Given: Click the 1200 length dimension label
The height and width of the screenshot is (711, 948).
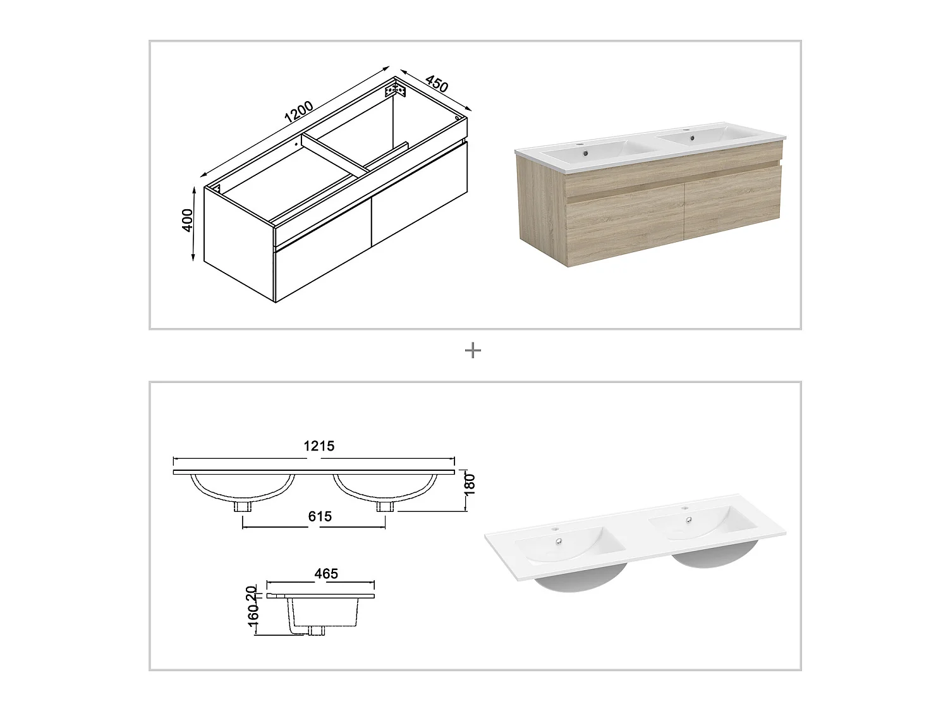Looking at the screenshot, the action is pos(298,112).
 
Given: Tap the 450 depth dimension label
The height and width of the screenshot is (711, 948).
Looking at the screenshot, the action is pos(437,84).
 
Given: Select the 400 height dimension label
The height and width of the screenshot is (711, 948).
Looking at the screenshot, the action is pos(188,220).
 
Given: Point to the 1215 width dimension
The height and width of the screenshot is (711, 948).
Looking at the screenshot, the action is pos(319,446).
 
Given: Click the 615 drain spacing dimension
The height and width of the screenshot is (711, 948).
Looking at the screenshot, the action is pos(320,516).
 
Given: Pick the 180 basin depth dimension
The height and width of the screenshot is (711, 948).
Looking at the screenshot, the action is pos(470,484).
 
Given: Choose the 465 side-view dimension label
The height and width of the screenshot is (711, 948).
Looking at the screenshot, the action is pos(326,574).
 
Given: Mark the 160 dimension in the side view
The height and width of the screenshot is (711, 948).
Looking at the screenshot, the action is pos(252,621).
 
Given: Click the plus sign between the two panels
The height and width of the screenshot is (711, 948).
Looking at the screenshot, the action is pos(473,350).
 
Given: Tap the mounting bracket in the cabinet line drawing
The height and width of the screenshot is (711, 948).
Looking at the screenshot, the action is pos(395,90).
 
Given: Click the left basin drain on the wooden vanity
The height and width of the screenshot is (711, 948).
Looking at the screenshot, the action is pos(585,152).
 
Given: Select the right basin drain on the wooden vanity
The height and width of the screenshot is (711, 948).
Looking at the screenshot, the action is pos(691,138).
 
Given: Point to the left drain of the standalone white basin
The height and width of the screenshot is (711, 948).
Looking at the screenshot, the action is pos(559,541).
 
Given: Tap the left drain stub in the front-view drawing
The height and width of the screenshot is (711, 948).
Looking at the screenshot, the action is pos(242,507).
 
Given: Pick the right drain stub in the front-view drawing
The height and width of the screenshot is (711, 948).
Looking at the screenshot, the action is pos(385,507).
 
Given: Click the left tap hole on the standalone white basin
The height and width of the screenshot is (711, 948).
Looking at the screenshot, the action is pos(555,528).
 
